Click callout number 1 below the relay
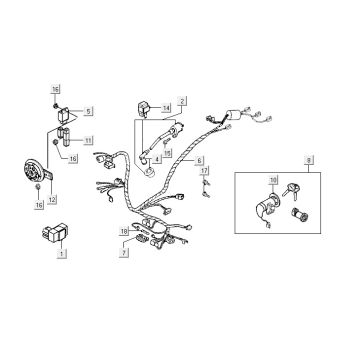click(x=62, y=256)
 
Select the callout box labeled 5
click(x=88, y=111)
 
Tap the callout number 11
click(x=88, y=139)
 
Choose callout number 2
click(x=182, y=102)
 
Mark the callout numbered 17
click(x=205, y=173)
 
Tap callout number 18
click(x=123, y=231)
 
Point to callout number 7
click(x=123, y=255)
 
